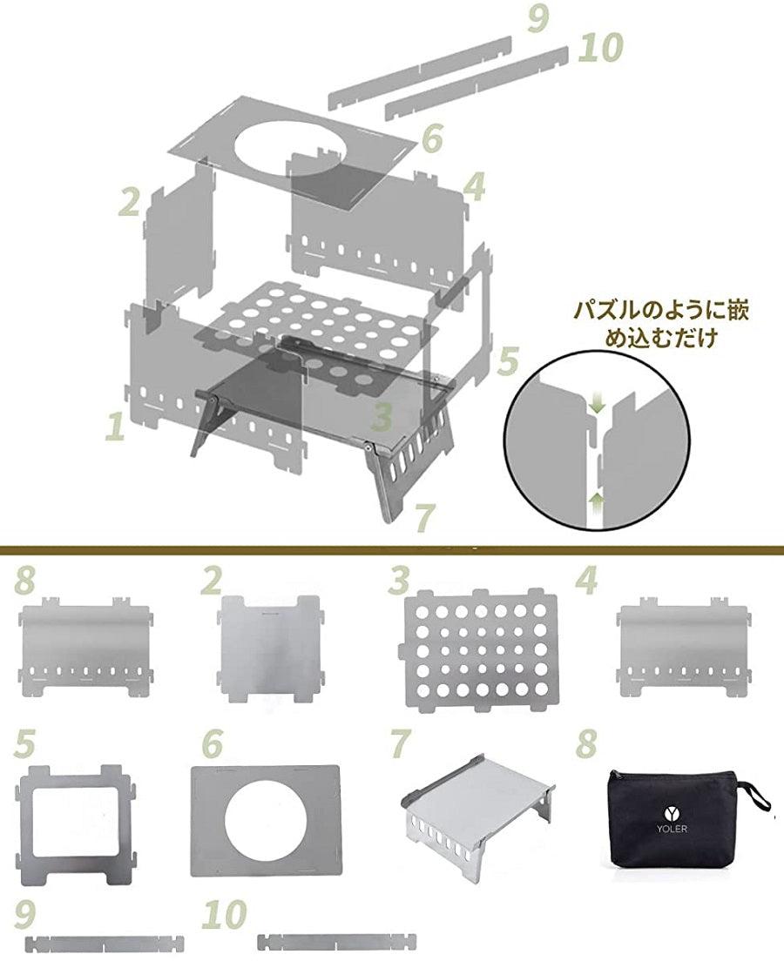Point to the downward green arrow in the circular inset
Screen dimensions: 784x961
pos(597,403)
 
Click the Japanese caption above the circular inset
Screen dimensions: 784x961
pos(660,325)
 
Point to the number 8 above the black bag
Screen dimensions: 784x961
pos(586,743)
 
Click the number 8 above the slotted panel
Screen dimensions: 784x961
pos(24,579)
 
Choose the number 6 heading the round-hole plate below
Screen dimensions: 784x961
pos(212,743)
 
